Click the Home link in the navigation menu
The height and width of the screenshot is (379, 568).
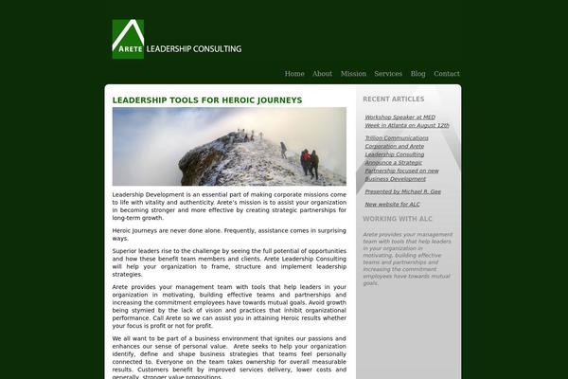click(294, 74)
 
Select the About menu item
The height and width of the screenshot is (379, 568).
click(322, 74)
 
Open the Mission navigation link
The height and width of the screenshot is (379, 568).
click(353, 74)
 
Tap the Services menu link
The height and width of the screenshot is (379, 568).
click(388, 74)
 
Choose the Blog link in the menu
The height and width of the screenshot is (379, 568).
click(417, 74)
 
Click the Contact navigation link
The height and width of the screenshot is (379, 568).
click(447, 74)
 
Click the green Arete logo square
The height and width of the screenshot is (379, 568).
click(128, 39)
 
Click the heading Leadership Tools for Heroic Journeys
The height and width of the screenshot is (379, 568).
click(207, 99)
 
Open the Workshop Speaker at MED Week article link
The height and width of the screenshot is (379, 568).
click(406, 121)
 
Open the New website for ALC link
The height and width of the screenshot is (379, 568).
click(392, 204)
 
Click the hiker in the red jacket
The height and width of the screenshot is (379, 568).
click(305, 161)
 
